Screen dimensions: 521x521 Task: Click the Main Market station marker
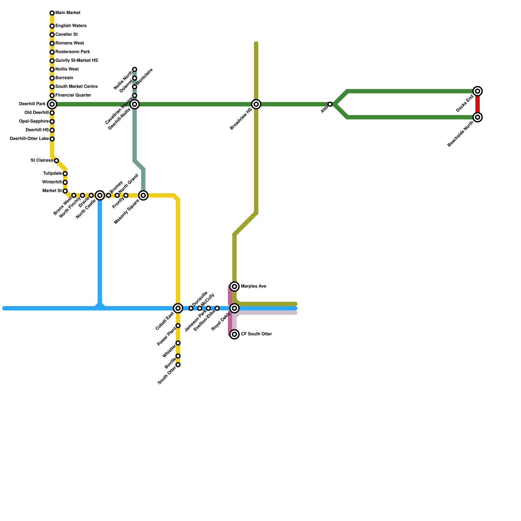52,13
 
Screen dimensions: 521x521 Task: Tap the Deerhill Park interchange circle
52,104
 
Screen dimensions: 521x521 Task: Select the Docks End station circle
478,91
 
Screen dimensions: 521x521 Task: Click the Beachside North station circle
478,117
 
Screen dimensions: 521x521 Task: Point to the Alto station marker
330,104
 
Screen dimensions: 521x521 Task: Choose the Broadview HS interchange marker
256,104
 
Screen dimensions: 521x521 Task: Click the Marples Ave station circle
234,287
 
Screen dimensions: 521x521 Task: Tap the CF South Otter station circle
234,334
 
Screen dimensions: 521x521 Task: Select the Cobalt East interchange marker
178,308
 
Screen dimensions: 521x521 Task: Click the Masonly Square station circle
143,195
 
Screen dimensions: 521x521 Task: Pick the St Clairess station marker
56,161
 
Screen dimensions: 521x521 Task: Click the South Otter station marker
178,365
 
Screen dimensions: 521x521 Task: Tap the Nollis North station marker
134,69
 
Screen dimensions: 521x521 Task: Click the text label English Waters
71,26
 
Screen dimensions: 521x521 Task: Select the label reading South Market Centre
76,87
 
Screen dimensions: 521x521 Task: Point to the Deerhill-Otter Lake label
29,139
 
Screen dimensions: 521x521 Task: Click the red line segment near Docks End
478,104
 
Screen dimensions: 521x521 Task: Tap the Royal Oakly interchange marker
234,308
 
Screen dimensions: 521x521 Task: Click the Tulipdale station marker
65,174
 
